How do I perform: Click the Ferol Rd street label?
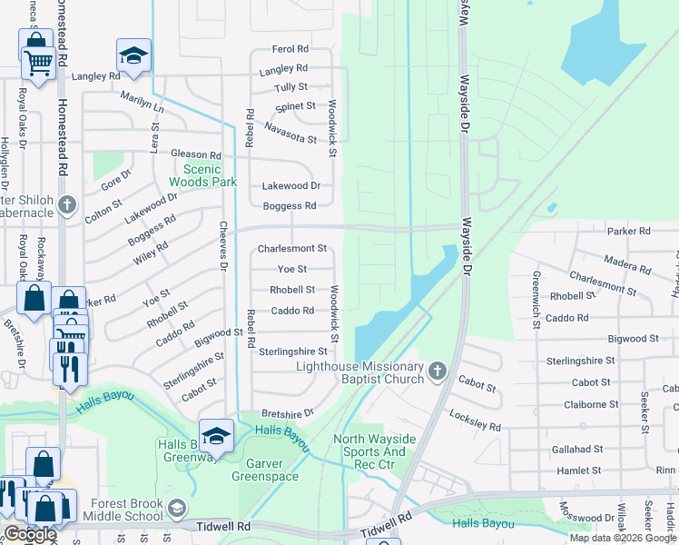pyautogui.click(x=290, y=49)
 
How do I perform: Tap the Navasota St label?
pyautogui.click(x=290, y=133)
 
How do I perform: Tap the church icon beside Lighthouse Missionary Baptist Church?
pyautogui.click(x=438, y=371)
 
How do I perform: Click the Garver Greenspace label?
pyautogui.click(x=265, y=469)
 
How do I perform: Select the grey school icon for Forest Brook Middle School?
pyautogui.click(x=179, y=507)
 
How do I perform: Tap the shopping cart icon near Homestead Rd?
pyautogui.click(x=38, y=62)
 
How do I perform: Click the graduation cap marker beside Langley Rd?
pyautogui.click(x=133, y=55)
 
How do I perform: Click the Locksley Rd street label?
pyautogui.click(x=475, y=419)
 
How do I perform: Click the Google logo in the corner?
pyautogui.click(x=30, y=534)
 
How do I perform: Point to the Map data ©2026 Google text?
pyautogui.click(x=622, y=538)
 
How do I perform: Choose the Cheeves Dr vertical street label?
pyautogui.click(x=222, y=245)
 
